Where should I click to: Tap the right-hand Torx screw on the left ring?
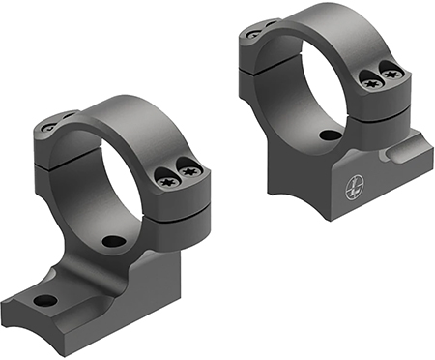tap(190, 171)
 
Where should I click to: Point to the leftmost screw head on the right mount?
tap(253, 33)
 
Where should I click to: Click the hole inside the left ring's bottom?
tap(114, 240)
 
